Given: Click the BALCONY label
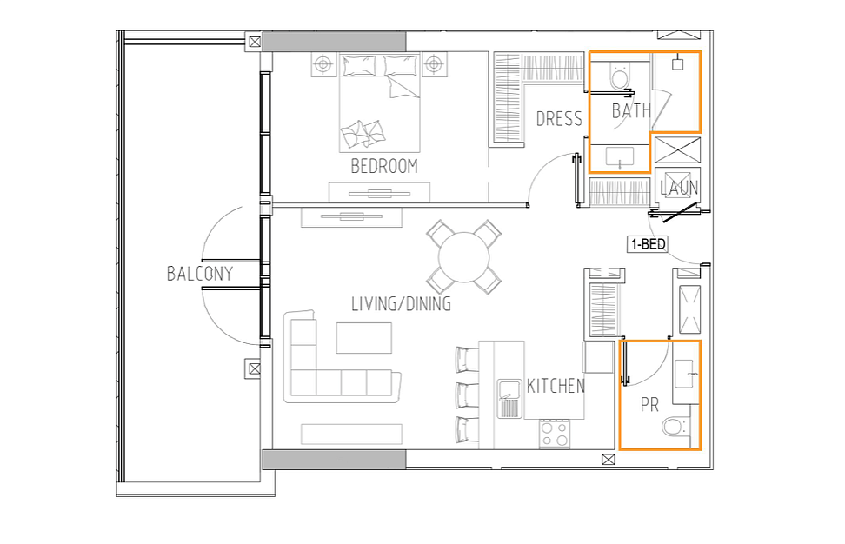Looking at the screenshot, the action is coord(200,274).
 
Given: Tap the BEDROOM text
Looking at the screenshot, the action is coord(384,166).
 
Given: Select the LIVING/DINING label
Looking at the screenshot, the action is coord(402,304).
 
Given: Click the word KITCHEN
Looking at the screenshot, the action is coord(556,386).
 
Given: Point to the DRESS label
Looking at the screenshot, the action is coord(559,118).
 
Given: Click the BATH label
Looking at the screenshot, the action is coord(631,111).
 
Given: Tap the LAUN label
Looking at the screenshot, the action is coord(679,188).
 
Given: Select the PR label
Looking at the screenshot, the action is coord(649,404).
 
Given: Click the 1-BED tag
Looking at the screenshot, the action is coord(648,244).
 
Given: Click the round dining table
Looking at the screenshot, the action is coord(464,257).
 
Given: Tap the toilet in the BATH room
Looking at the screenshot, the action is coord(620,76).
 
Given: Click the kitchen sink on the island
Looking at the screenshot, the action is coord(509,399).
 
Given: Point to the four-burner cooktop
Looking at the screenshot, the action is coord(555,434).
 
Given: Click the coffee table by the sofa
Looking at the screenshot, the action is coord(364,338).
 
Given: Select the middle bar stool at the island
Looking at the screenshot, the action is coord(467,395).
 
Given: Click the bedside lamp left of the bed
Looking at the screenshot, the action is coord(323,64).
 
